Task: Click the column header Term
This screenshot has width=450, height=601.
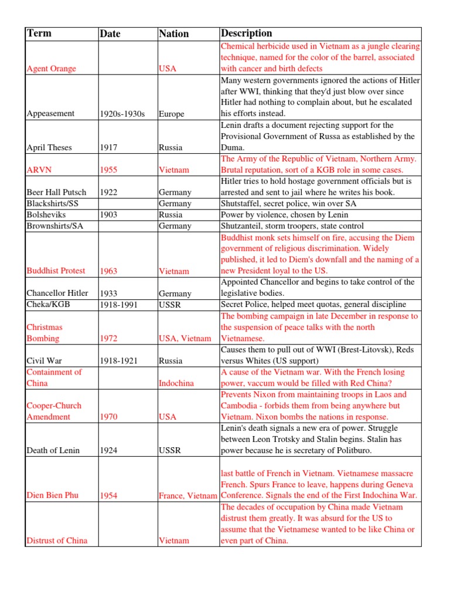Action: [39, 33]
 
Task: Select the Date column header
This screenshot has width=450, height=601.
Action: [110, 34]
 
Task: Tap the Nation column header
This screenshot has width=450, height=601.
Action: [174, 34]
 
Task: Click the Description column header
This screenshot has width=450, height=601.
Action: [246, 33]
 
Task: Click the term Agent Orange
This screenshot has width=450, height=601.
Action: [52, 69]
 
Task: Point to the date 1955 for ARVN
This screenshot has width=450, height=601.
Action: [108, 170]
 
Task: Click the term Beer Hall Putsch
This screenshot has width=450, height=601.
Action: [56, 192]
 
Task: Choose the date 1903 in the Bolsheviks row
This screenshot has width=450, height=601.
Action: [108, 215]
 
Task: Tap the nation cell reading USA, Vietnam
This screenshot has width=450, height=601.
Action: [185, 339]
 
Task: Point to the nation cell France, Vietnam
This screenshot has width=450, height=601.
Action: [188, 496]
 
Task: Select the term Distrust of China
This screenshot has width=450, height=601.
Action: [57, 541]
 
